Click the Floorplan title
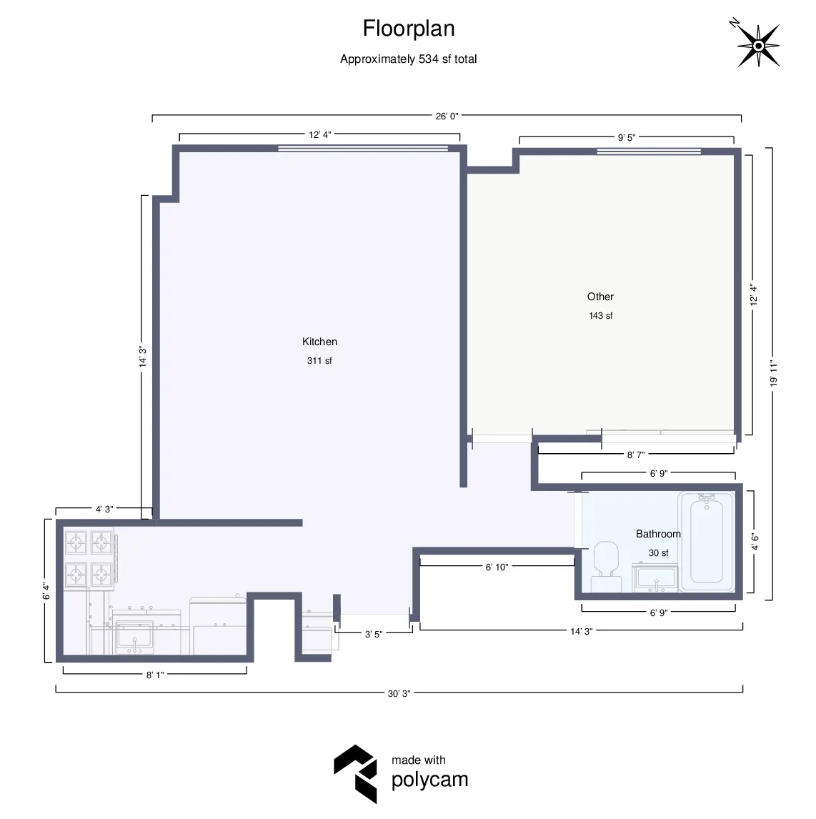coord(409,29)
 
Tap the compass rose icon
coord(757,46)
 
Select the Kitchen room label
coord(319,342)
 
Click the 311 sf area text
coord(319,361)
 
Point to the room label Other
coord(600,297)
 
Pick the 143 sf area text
coord(600,316)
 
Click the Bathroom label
coord(658,534)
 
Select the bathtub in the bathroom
coord(706,541)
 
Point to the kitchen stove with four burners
coord(89,558)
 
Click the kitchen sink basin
coord(134,636)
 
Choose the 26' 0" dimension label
coord(447,116)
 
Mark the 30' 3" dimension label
coord(399,693)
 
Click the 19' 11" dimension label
coord(774,373)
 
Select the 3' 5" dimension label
coord(374,634)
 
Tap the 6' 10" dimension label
coord(497,567)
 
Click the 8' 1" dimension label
coord(155,675)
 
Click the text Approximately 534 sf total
coord(408,59)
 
